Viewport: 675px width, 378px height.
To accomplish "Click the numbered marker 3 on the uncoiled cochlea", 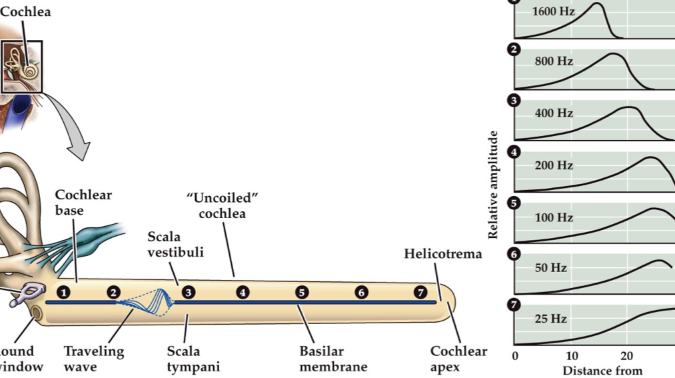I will coord(189,292).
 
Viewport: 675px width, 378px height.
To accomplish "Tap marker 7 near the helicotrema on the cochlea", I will coord(420,292).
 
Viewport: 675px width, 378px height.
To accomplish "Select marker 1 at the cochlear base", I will coord(63,292).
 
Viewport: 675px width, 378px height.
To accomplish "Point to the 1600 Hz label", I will coord(554,11).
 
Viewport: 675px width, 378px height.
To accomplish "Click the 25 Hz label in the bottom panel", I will coord(550,319).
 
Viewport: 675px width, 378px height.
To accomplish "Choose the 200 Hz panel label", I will coord(554,165).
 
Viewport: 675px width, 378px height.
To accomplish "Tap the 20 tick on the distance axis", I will coord(626,355).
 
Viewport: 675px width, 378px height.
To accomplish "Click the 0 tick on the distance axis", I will coord(514,355).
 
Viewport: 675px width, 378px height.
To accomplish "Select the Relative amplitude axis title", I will coord(494,185).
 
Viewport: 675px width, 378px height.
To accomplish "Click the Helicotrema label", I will coord(442,254).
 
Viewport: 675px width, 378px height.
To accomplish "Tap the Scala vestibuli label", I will coord(175,244).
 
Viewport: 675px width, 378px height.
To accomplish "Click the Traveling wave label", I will coord(93,359).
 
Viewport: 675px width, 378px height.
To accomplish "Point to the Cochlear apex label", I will coord(458,359).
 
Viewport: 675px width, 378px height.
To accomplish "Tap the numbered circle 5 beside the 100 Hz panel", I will coord(514,203).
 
